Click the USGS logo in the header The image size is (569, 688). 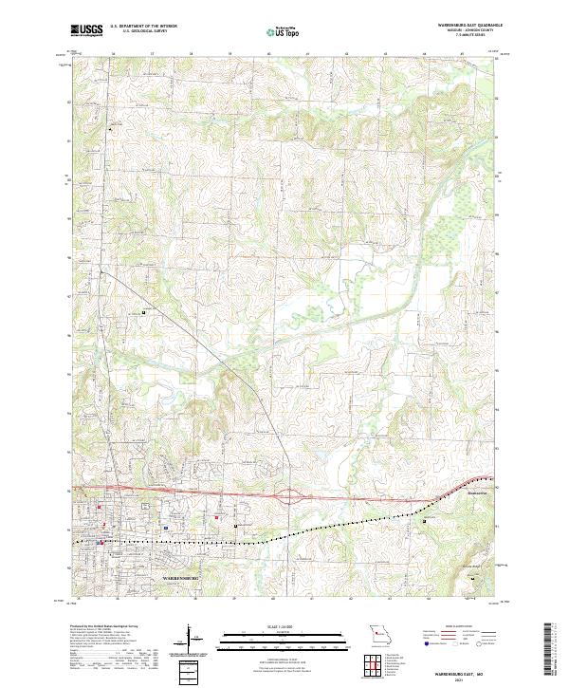click(87, 31)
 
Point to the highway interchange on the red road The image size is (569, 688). click(289, 494)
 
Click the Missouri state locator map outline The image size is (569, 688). click(380, 632)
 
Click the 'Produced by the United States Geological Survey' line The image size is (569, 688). click(100, 627)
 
